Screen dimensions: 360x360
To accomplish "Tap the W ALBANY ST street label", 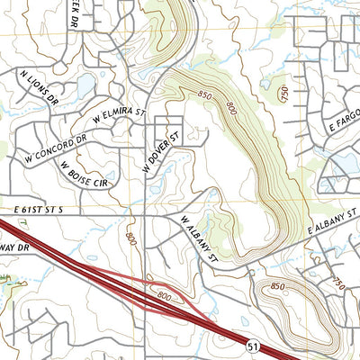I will [x=199, y=238].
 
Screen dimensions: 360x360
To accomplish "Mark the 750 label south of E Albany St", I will [x=337, y=283].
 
